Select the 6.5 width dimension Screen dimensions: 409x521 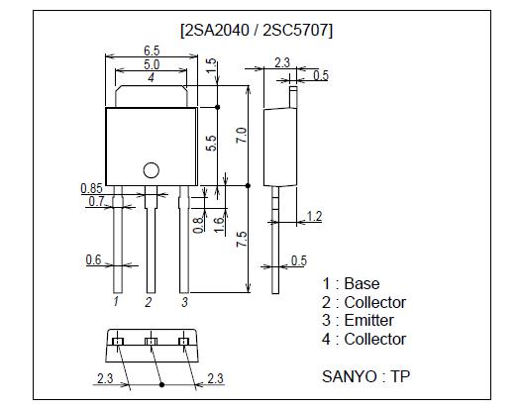152,50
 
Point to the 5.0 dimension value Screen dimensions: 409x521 152,63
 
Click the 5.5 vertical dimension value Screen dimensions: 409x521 211,143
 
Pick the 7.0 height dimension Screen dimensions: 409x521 241,136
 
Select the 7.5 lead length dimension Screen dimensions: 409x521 241,241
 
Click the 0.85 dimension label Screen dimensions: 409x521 92,187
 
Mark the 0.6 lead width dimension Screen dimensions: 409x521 93,260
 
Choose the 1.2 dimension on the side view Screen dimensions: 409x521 314,215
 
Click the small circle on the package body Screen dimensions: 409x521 152,169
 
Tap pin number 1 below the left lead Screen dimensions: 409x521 117,300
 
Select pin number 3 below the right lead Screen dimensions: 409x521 183,300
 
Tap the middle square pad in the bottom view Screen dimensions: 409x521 151,342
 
